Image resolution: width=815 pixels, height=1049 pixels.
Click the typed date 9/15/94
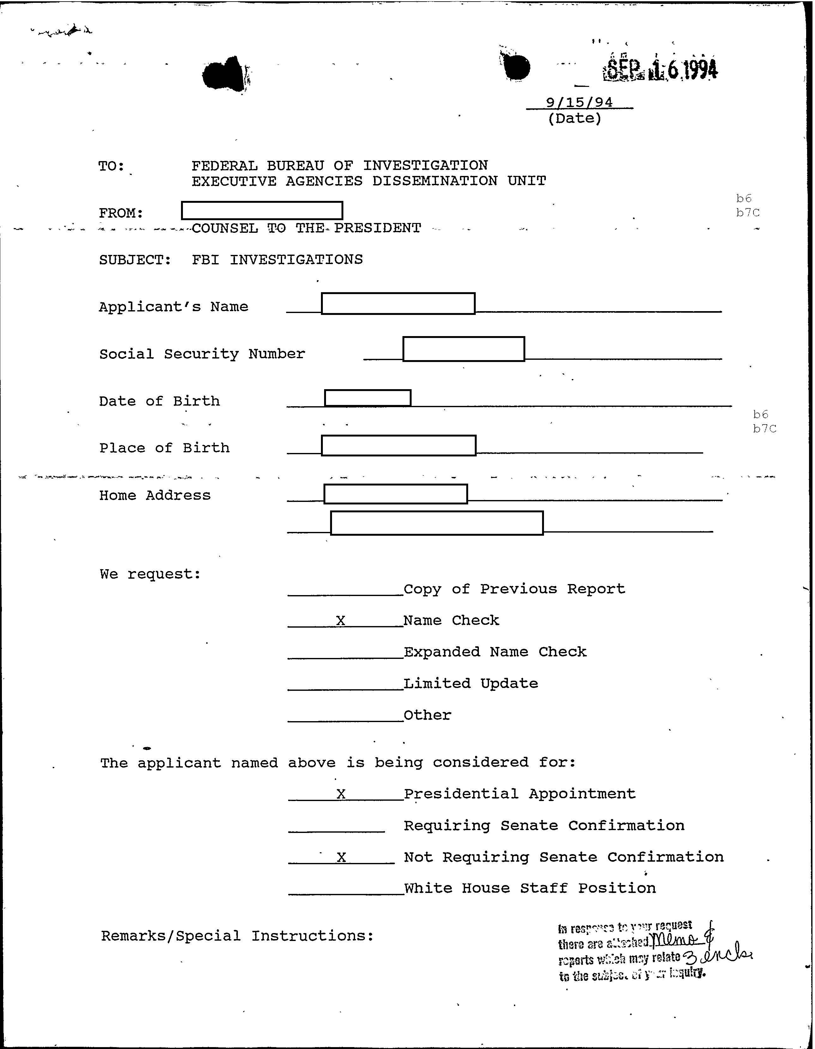point(579,102)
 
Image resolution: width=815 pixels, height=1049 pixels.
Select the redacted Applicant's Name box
point(398,304)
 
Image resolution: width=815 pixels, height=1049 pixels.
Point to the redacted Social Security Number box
point(463,349)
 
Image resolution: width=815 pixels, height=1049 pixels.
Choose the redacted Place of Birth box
point(399,446)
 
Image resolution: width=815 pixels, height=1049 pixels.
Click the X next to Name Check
point(341,621)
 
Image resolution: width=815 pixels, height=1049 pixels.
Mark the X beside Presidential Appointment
point(341,794)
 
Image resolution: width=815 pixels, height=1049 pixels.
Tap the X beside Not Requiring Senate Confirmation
point(341,857)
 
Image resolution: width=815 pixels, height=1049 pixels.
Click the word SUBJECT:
point(135,260)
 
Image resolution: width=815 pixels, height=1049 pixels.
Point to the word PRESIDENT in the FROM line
point(377,228)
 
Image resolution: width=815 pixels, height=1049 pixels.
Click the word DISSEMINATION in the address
point(435,181)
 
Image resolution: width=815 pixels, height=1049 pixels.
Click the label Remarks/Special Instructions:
point(237,936)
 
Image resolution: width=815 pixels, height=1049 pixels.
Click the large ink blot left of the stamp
point(515,67)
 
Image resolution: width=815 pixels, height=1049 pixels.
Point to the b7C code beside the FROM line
point(748,213)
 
